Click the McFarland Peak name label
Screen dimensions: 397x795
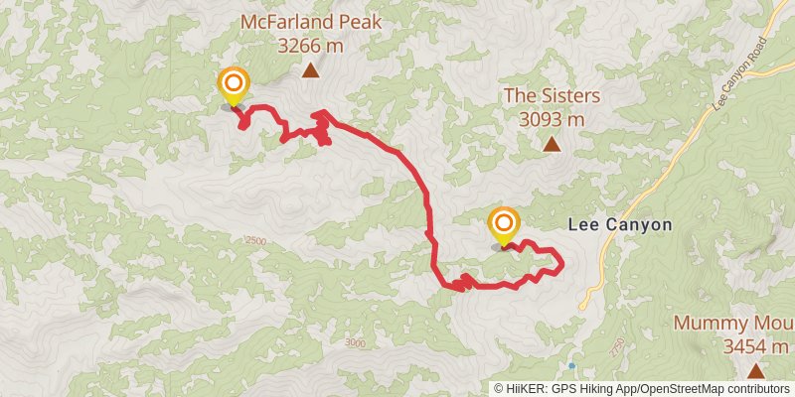pyautogui.click(x=310, y=22)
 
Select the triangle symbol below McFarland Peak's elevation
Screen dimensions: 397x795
pyautogui.click(x=310, y=69)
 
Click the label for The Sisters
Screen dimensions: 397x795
pyautogui.click(x=552, y=96)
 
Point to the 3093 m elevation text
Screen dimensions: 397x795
pyautogui.click(x=552, y=119)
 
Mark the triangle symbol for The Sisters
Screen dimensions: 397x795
pyautogui.click(x=552, y=144)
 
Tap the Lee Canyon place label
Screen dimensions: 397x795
pyautogui.click(x=620, y=225)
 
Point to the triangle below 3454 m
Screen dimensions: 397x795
pyautogui.click(x=755, y=371)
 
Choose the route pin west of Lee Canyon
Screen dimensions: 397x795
pyautogui.click(x=504, y=224)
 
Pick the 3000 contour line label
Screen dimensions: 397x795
pyautogui.click(x=355, y=343)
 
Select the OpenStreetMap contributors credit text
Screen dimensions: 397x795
pyautogui.click(x=715, y=388)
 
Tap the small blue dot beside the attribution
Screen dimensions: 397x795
pyautogui.click(x=571, y=365)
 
